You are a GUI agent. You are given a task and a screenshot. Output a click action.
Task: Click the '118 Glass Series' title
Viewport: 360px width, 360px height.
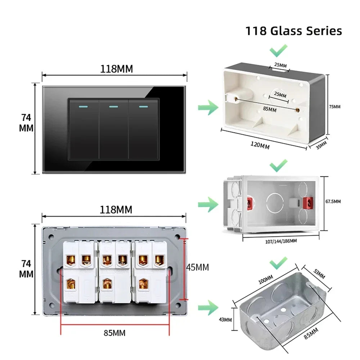tap(293, 31)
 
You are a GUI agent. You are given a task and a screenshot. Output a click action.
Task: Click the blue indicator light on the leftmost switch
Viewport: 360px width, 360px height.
tap(83, 107)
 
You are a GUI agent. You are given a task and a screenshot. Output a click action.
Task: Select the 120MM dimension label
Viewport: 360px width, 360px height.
tap(260, 145)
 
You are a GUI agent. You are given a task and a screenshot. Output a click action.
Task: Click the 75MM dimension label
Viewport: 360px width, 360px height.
tap(334, 107)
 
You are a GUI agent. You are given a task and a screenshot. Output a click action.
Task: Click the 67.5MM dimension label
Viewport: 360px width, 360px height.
tap(333, 202)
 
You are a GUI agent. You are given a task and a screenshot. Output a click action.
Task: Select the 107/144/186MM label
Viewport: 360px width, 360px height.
tap(281, 240)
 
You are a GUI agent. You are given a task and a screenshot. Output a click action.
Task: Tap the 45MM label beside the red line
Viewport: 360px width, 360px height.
tap(197, 267)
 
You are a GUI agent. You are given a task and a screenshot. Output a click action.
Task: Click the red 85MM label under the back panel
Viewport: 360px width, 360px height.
tap(114, 333)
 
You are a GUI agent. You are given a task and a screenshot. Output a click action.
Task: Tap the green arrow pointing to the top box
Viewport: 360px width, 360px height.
tap(208, 107)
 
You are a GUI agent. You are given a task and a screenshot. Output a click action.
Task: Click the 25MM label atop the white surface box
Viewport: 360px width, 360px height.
tap(280, 66)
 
